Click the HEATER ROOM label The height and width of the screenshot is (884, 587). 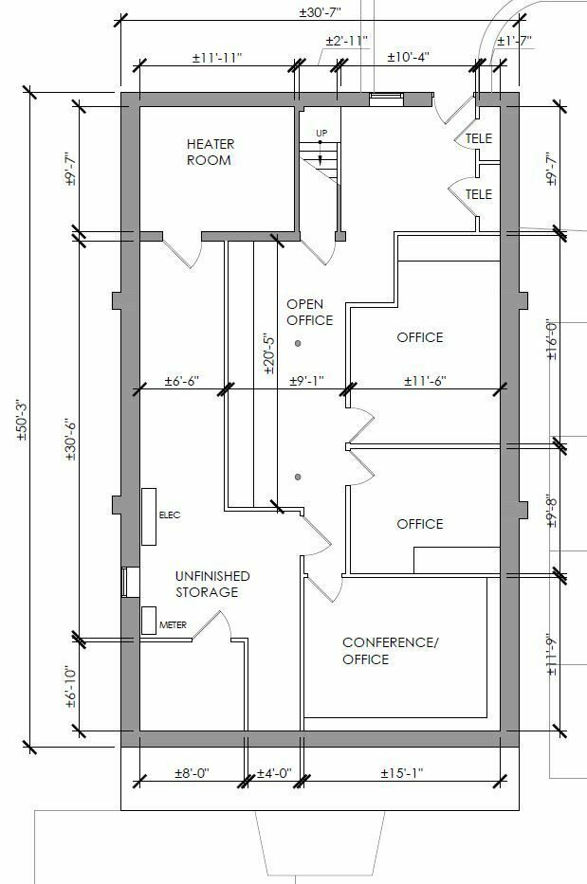click(210, 153)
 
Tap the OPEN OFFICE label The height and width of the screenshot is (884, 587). click(310, 312)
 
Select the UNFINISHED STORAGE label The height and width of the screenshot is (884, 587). click(212, 584)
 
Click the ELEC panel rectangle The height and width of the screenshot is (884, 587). click(149, 516)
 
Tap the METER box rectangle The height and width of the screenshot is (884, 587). click(150, 620)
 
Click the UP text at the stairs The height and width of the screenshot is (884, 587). click(321, 132)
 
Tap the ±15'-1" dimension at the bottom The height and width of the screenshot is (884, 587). click(402, 773)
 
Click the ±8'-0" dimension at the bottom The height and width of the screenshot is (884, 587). click(192, 773)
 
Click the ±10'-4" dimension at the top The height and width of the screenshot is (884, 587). click(409, 57)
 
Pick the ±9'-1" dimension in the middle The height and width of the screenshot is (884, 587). click(306, 381)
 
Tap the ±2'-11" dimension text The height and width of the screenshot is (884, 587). click(346, 42)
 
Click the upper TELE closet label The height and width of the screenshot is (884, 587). click(479, 138)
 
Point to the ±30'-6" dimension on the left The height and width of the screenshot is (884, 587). click(69, 440)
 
